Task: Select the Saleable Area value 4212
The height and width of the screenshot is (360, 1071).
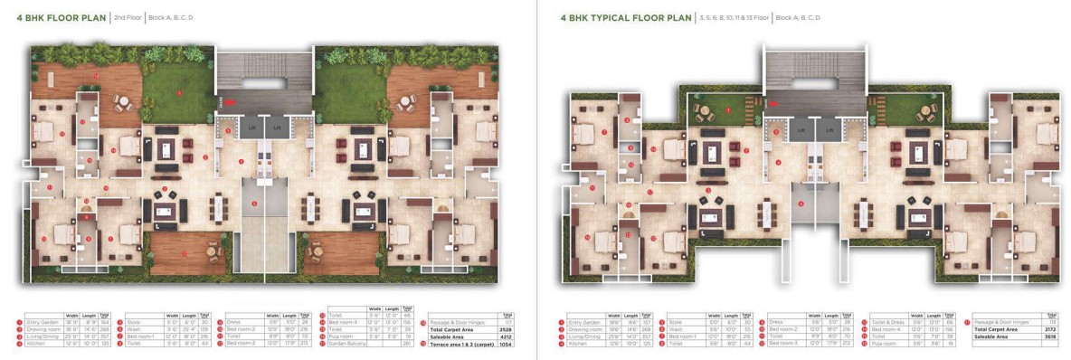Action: pos(506,337)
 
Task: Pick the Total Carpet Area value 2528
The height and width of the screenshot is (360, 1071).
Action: pos(506,331)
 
